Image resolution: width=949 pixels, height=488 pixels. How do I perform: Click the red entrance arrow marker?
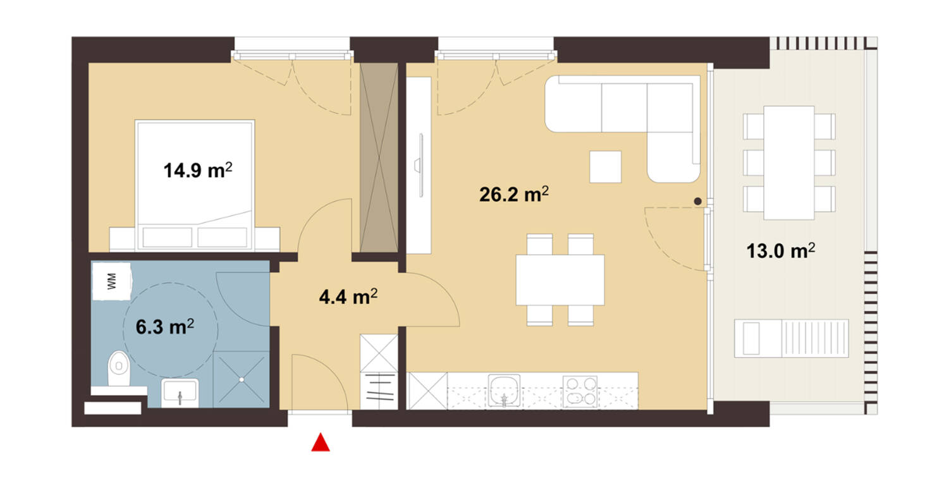[321, 442]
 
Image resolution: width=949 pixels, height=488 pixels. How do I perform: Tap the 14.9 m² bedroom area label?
[198, 170]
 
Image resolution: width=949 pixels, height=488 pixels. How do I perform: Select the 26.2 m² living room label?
[514, 194]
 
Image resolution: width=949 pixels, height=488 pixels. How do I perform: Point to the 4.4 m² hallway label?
[348, 296]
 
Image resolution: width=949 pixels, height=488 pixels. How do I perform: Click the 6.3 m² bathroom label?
[165, 327]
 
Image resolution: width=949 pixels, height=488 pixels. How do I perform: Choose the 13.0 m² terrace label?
[780, 251]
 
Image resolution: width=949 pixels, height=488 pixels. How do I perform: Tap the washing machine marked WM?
[111, 281]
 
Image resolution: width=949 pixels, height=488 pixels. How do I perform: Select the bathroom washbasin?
[180, 393]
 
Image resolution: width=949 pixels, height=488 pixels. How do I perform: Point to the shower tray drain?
[241, 379]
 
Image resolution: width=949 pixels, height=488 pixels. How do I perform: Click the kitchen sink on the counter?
[504, 391]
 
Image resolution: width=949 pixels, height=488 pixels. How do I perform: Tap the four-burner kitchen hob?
[580, 391]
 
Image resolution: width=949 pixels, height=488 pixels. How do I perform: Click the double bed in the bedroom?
[195, 185]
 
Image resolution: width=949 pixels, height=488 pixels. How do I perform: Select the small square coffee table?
[606, 167]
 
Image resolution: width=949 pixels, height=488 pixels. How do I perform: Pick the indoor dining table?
[560, 279]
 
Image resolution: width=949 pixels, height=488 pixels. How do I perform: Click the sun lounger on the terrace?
[792, 338]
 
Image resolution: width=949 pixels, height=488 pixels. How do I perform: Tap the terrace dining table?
[789, 162]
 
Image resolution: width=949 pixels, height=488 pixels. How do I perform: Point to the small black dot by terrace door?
[697, 202]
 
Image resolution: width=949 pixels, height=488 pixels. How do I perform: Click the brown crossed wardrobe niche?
[379, 157]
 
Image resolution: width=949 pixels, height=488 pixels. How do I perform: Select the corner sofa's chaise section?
[673, 157]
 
